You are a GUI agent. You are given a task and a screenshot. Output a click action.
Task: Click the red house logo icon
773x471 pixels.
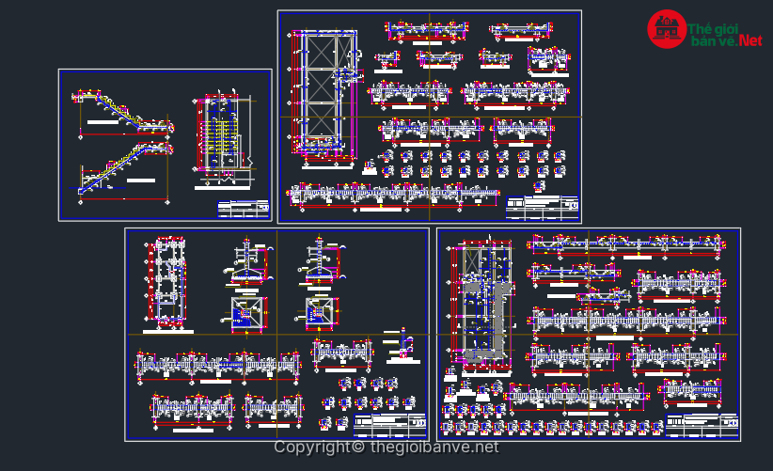coord(666,29)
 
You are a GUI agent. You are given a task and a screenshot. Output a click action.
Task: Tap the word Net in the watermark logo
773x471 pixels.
coord(749,40)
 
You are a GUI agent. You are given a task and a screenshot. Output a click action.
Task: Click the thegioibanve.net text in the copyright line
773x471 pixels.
coord(434,447)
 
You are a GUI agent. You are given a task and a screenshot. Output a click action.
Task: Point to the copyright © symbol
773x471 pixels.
coord(359,447)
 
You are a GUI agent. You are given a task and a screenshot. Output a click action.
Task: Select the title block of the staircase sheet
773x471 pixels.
coord(244,209)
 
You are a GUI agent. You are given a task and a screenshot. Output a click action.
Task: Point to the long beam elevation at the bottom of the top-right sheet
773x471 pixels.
coord(394,195)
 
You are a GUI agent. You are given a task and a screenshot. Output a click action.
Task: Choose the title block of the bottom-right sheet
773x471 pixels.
coord(702,426)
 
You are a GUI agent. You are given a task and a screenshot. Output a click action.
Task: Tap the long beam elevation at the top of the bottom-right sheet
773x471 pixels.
coord(624,245)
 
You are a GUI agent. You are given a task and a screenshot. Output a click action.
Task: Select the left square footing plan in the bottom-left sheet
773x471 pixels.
coord(246,313)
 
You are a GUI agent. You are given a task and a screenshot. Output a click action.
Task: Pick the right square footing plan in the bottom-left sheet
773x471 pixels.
coord(320,311)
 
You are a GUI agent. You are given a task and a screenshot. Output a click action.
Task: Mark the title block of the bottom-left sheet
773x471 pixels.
coord(390,426)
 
